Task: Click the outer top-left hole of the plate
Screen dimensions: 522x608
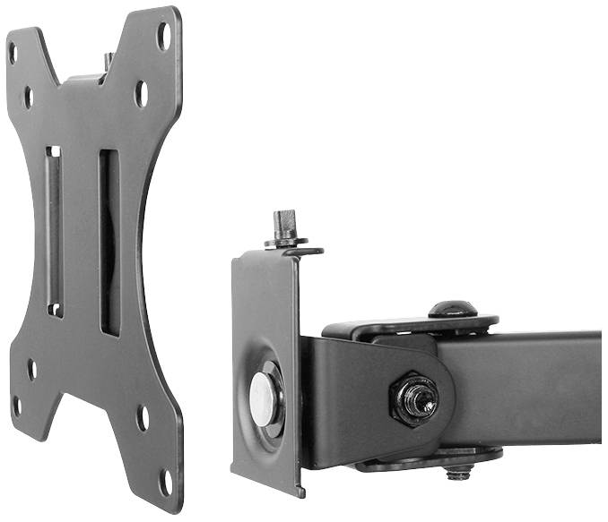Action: (x=13, y=52)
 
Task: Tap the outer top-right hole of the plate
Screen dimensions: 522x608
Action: (x=163, y=35)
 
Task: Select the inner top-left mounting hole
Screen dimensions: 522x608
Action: (x=28, y=96)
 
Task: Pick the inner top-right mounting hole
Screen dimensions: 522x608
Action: (x=141, y=93)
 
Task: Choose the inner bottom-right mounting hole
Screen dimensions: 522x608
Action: (x=142, y=417)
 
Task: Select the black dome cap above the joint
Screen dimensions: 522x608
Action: (x=451, y=309)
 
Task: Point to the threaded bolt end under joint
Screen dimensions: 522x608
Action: (x=459, y=472)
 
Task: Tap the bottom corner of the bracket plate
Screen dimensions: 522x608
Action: (x=298, y=492)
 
